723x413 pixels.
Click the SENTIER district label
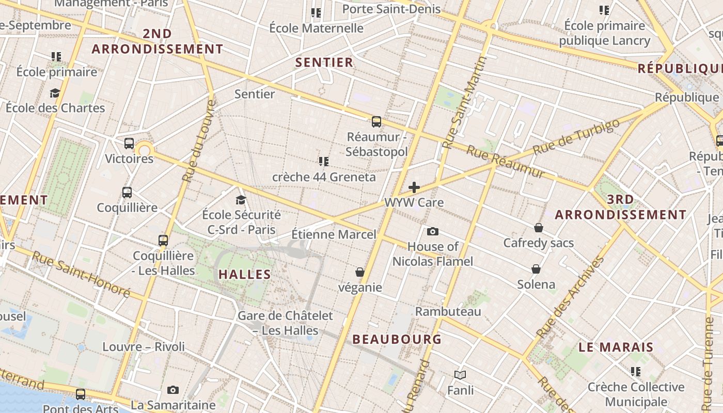(324, 62)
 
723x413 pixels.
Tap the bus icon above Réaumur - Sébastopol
(376, 122)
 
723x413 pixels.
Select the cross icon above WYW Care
(414, 187)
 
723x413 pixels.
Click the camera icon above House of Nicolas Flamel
(433, 231)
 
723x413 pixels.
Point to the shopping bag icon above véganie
(360, 272)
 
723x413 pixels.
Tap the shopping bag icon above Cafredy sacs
(539, 228)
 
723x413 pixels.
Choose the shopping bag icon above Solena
(536, 269)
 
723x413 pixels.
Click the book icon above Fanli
(460, 375)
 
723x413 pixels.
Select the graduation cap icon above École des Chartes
(55, 93)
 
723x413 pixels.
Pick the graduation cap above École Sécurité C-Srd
(241, 199)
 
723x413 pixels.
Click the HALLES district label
(245, 274)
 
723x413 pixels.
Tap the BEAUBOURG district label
(397, 339)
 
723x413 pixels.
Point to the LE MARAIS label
(616, 347)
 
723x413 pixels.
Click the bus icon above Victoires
(129, 144)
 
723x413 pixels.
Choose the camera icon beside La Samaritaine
(173, 390)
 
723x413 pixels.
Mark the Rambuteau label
(448, 311)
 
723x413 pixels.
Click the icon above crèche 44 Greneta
(324, 162)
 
